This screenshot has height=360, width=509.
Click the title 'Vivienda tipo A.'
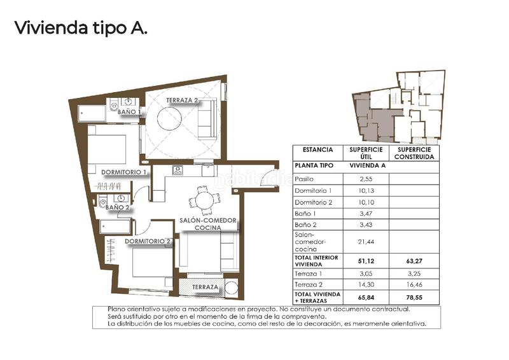tap(80, 28)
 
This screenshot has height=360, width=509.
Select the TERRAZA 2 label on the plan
tap(183, 100)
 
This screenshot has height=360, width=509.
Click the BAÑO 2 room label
tap(117, 207)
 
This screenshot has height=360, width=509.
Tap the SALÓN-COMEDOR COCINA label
tap(208, 224)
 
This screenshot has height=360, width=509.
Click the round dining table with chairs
tap(204, 200)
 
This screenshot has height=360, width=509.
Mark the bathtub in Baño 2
tap(115, 227)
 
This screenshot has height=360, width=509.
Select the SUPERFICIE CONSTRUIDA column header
tap(414, 153)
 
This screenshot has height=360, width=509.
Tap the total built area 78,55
tap(414, 296)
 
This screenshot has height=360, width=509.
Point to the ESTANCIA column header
tap(317, 150)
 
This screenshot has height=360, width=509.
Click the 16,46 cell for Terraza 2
tap(414, 286)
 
